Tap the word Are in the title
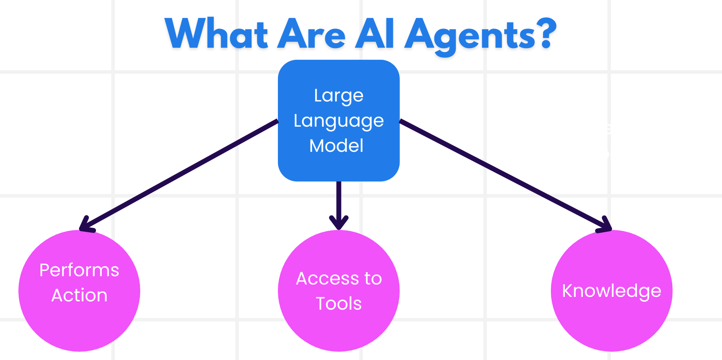(311, 35)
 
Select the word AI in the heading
(375, 35)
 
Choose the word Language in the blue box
(339, 121)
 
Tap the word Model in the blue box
(337, 146)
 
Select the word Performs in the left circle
(79, 270)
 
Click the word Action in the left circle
(79, 295)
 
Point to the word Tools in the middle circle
(339, 304)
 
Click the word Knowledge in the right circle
(611, 291)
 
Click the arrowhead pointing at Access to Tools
(339, 223)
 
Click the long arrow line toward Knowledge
(500, 172)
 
